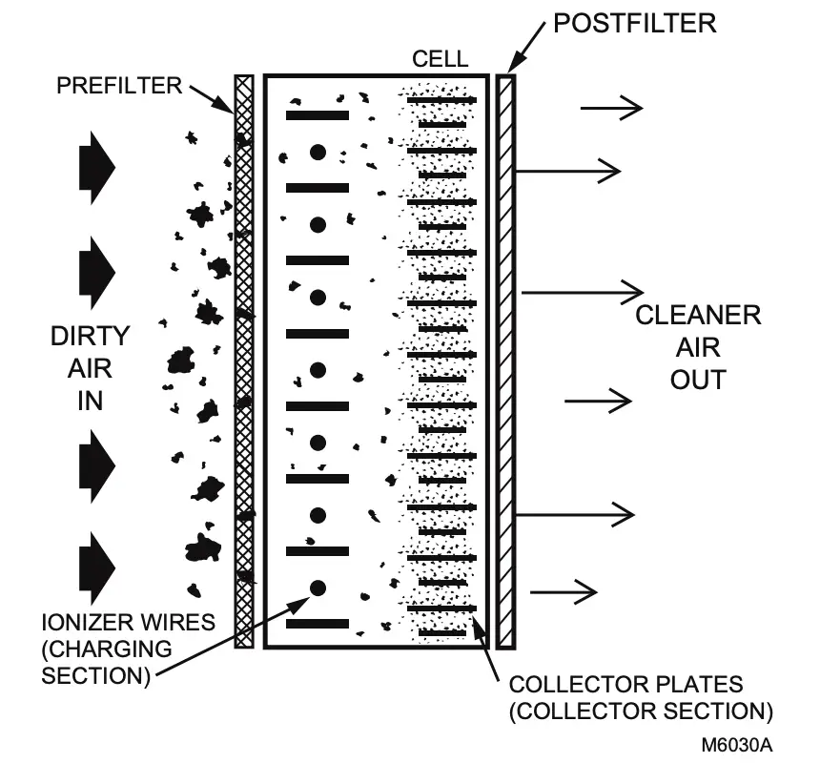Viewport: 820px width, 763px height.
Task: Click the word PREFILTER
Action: click(118, 86)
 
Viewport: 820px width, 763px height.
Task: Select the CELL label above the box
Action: click(440, 59)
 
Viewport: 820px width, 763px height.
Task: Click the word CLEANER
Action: click(699, 316)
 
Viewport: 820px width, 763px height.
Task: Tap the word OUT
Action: click(698, 379)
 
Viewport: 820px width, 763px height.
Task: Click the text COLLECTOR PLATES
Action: click(625, 685)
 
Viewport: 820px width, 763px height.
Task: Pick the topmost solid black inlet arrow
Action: click(97, 167)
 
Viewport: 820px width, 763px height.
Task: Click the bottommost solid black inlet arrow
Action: click(97, 567)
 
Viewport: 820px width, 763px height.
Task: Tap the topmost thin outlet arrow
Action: click(611, 109)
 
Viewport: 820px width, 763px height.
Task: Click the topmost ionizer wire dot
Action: click(318, 152)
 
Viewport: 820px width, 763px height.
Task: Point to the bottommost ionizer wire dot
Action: click(318, 588)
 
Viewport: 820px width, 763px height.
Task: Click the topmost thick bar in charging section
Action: click(318, 115)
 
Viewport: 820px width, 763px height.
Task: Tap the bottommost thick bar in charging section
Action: click(318, 624)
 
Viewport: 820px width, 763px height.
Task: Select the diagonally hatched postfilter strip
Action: click(505, 362)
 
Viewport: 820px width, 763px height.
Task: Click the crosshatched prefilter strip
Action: click(244, 362)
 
